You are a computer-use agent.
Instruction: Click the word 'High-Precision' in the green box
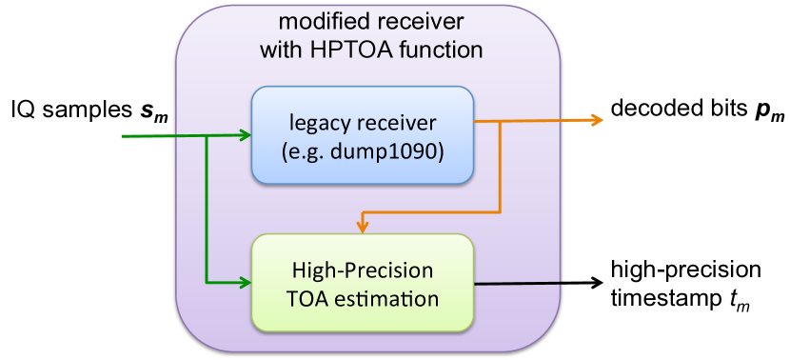tap(362, 270)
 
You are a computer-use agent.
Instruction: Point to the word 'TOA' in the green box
tap(306, 298)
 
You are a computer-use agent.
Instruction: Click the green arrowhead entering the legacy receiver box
tap(245, 135)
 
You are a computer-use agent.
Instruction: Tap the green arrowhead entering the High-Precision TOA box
tap(245, 283)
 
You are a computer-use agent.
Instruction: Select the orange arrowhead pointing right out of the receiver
tap(597, 119)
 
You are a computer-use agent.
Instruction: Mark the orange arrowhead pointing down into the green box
tap(363, 226)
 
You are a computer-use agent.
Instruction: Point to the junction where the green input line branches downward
tap(207, 136)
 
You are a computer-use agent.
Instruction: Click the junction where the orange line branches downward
tap(500, 122)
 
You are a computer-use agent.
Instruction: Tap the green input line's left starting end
tap(124, 136)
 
